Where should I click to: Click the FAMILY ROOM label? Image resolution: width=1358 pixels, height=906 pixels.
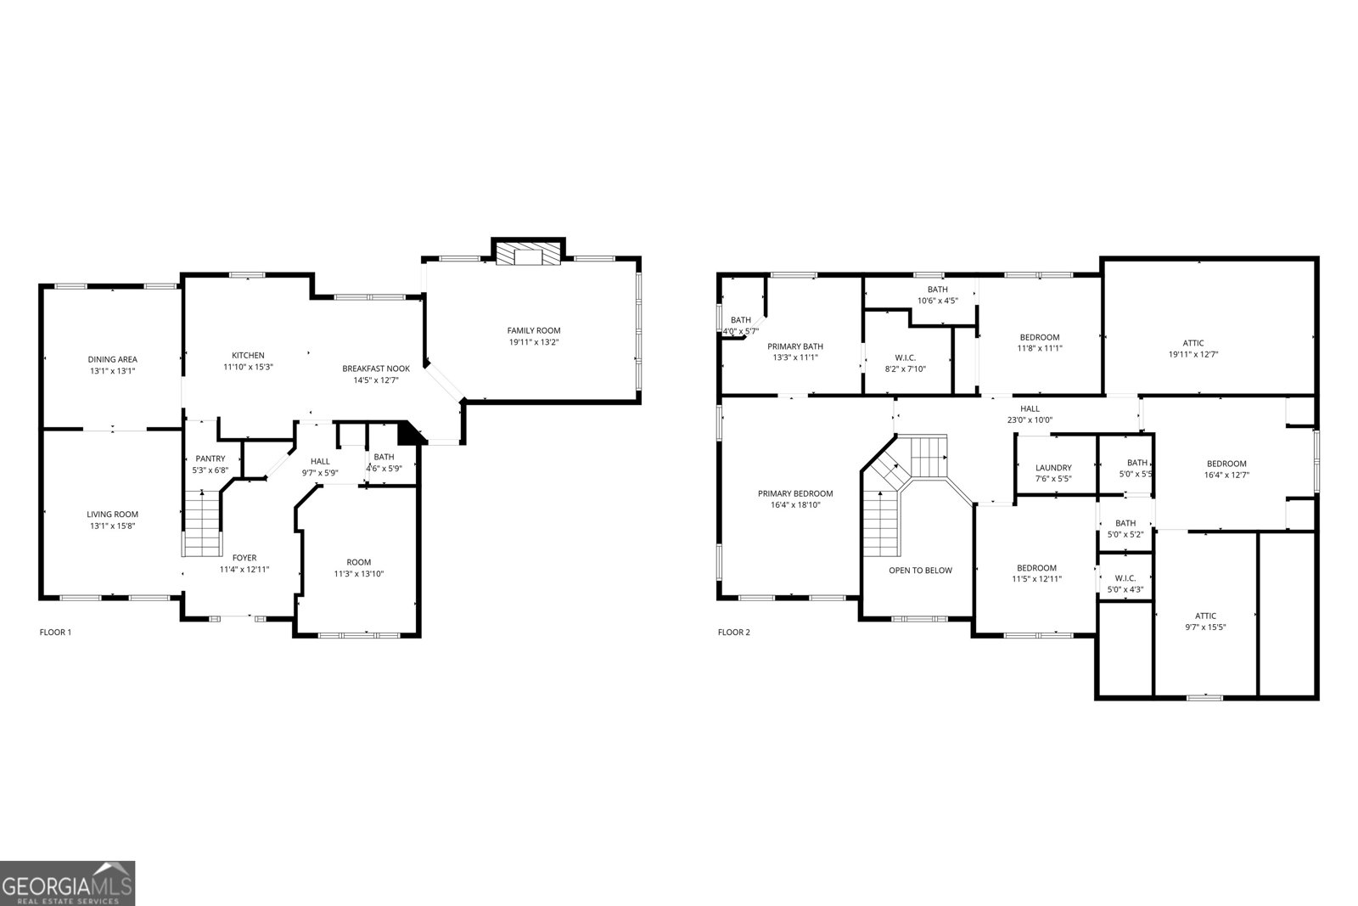534,330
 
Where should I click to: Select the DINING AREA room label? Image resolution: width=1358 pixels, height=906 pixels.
112,359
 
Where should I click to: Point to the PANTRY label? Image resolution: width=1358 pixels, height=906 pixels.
210,459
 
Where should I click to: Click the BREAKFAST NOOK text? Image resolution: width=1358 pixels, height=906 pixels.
376,369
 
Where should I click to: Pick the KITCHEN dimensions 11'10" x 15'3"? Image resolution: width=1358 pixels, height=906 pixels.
249,367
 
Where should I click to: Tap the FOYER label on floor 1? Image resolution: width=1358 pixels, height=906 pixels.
244,558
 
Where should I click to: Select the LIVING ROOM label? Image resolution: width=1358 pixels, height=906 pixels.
112,514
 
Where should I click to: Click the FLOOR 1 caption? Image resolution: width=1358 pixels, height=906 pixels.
56,632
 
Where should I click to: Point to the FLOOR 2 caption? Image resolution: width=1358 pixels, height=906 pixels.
734,632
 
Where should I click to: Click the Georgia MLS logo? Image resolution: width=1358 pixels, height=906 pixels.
67,883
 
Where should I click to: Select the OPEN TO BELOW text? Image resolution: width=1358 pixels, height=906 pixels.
920,571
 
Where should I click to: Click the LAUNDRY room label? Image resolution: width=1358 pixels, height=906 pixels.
1053,467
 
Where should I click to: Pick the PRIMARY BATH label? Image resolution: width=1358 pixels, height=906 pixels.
795,346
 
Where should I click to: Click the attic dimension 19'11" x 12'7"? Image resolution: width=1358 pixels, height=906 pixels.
1193,355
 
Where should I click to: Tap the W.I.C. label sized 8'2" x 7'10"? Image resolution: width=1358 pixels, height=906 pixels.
905,357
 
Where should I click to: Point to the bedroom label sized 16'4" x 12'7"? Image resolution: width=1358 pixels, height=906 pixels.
1226,464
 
